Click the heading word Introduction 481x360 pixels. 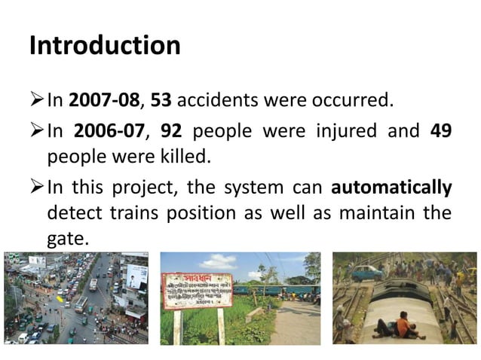[x=105, y=46]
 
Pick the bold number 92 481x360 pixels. [x=172, y=131]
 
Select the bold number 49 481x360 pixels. [x=440, y=131]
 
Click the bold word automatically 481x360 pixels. [x=391, y=187]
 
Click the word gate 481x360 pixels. [x=67, y=240]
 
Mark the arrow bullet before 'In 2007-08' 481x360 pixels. [x=35, y=99]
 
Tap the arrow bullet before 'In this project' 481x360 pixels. [x=35, y=187]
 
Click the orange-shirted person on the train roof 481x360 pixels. [x=405, y=325]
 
